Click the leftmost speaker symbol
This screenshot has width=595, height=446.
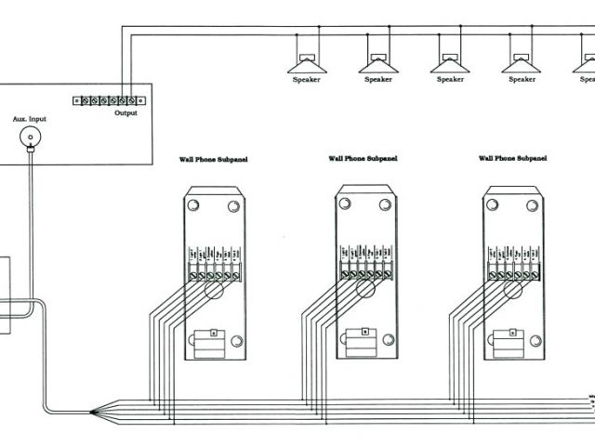coord(307,61)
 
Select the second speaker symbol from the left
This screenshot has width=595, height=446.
coord(377,61)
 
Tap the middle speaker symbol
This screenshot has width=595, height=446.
coord(448,61)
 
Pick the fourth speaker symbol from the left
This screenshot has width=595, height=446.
coord(520,61)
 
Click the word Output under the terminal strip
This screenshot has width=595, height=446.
coord(126,113)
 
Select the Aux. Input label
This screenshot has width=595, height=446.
coord(29,120)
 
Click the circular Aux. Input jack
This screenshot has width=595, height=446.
coord(30,138)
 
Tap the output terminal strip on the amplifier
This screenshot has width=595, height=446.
coord(109,99)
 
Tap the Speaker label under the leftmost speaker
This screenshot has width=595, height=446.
coord(307,80)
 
